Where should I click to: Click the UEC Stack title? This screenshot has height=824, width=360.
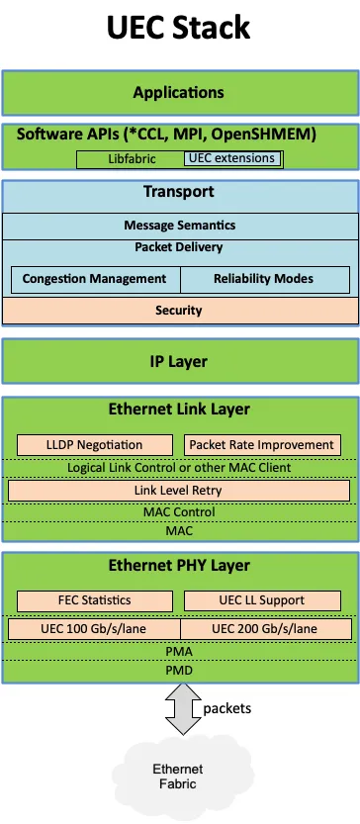(x=179, y=28)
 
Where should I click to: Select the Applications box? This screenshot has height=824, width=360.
(x=180, y=93)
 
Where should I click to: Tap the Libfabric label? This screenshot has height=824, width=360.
(x=132, y=158)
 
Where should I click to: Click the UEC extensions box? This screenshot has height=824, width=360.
(x=231, y=158)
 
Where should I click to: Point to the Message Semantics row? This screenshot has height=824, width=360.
(x=180, y=226)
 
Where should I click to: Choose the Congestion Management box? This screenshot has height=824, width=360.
(x=96, y=279)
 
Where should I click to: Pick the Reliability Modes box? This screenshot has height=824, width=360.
(x=265, y=279)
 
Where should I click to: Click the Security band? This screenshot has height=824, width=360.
(x=180, y=311)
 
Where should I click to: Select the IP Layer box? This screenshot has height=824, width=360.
(x=180, y=362)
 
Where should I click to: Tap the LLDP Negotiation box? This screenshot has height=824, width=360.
(x=95, y=445)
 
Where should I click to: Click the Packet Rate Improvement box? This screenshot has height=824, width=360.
(x=262, y=445)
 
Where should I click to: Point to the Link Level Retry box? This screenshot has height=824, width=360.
(x=179, y=491)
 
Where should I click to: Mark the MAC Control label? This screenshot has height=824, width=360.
(x=179, y=511)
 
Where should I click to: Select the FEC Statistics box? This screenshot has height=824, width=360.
(x=95, y=600)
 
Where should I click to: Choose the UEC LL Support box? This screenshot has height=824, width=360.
(x=262, y=600)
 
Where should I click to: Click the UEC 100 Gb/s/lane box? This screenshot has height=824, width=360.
(x=94, y=629)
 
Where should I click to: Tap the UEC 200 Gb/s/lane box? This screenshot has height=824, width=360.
(x=266, y=629)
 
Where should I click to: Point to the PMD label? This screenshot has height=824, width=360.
(x=179, y=671)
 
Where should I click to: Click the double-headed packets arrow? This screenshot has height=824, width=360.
(x=183, y=709)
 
